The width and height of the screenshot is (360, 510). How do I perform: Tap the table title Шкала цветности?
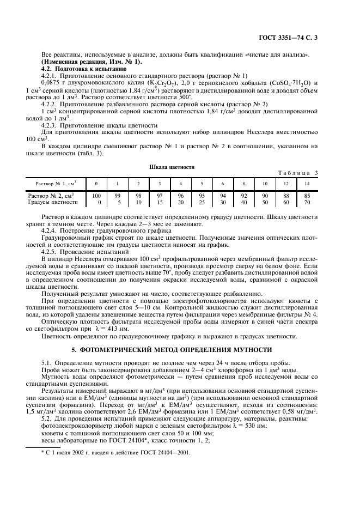180,167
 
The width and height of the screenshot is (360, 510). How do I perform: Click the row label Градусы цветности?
53,202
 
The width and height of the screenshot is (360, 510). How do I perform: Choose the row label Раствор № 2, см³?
51,195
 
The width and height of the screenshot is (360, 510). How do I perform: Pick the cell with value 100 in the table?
96,195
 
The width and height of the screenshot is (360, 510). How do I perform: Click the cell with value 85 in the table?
307,195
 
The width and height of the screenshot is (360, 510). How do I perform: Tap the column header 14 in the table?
307,184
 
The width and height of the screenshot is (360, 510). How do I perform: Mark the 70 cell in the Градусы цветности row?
307,202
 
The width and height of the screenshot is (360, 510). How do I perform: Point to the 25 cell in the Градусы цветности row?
202,202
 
